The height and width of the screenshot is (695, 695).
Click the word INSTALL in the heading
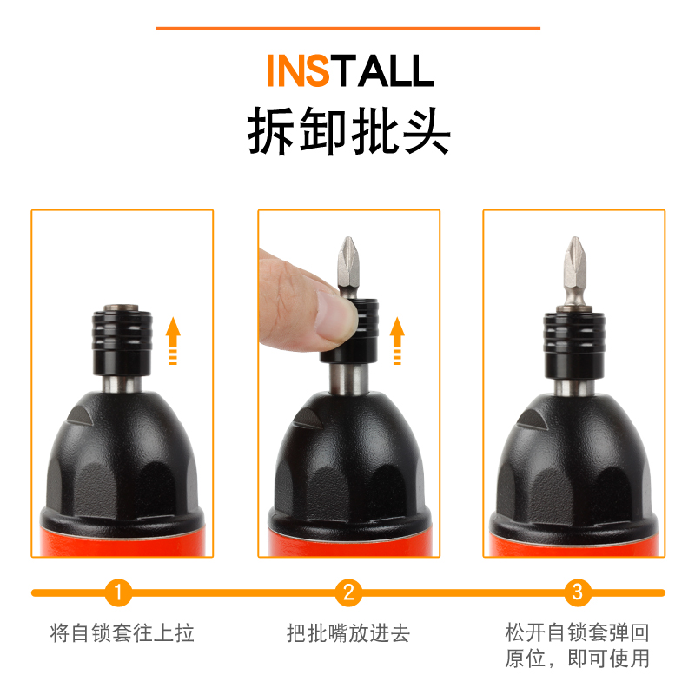tap(350, 70)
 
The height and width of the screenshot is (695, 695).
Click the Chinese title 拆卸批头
tap(349, 131)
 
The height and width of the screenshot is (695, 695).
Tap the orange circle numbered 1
tap(118, 592)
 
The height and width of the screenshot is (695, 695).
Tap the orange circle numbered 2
tap(348, 592)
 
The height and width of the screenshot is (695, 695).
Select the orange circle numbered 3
tap(578, 592)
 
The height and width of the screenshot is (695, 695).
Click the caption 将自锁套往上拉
tap(122, 632)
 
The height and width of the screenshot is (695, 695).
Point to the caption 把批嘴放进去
tap(348, 632)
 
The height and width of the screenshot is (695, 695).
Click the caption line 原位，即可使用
tap(577, 658)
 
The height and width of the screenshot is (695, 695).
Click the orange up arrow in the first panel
tap(173, 341)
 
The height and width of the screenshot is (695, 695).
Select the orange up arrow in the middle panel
tap(397, 341)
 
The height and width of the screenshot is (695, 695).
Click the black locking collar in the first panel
tap(122, 342)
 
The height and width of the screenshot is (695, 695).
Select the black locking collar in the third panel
tap(574, 346)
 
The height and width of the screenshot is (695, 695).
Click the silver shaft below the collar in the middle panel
tap(349, 378)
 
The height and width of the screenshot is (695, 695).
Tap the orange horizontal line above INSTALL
tap(348, 29)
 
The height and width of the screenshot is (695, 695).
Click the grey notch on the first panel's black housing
tap(80, 415)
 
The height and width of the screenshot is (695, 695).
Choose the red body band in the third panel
tap(574, 546)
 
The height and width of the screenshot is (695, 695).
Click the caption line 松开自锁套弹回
tap(577, 632)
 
